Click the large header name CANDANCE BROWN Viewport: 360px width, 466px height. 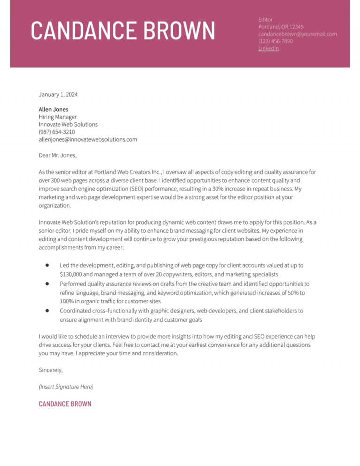coord(123,31)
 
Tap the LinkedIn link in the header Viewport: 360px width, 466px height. coord(268,48)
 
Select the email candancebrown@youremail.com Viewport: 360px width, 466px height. coord(297,34)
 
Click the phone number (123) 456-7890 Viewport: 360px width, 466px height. coord(275,41)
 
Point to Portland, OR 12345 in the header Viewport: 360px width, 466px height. coord(281,27)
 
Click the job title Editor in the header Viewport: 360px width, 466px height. coord(265,19)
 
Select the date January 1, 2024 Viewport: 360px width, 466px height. coord(58,95)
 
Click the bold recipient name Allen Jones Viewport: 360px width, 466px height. coord(53,110)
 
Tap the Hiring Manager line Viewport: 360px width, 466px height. coord(58,117)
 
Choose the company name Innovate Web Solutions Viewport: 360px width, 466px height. coord(68,125)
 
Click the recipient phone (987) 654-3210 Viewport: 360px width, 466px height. coord(57,132)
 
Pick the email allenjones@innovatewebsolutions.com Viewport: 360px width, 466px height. coord(88,140)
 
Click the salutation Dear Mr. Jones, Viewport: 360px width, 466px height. coord(57,155)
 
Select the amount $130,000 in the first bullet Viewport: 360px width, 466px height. coord(72,274)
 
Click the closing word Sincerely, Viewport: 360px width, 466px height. coord(51,370)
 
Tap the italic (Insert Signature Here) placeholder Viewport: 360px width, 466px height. coord(66,387)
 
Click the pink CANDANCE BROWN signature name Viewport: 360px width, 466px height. coord(65,404)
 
